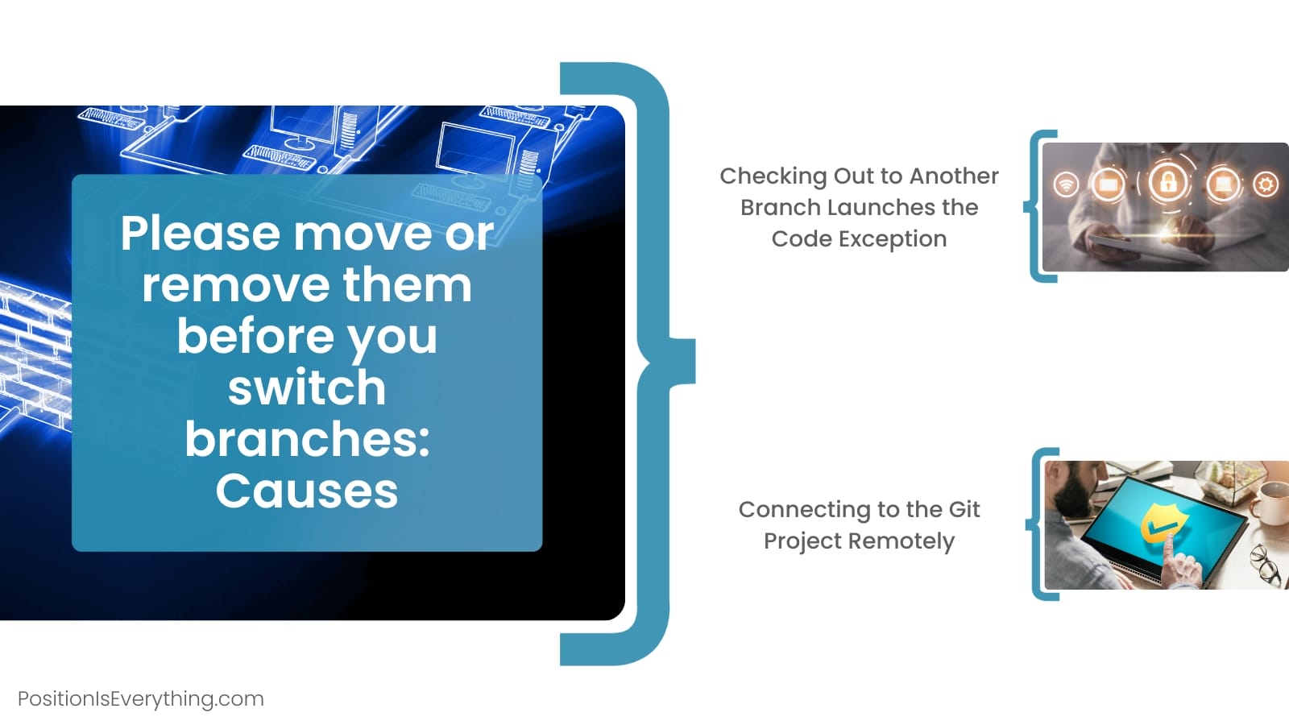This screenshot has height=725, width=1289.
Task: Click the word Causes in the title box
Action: (x=307, y=491)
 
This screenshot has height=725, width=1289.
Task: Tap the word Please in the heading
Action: (x=201, y=234)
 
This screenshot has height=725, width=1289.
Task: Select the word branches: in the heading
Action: (x=307, y=439)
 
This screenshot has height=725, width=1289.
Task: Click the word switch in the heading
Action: (x=307, y=387)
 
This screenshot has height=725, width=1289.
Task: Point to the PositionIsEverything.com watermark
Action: (x=141, y=698)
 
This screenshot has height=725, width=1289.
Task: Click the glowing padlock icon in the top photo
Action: (x=1167, y=182)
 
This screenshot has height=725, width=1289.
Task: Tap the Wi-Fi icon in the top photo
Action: (x=1067, y=184)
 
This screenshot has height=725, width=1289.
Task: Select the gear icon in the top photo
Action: (x=1266, y=184)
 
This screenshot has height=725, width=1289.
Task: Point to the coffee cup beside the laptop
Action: (x=1270, y=504)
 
